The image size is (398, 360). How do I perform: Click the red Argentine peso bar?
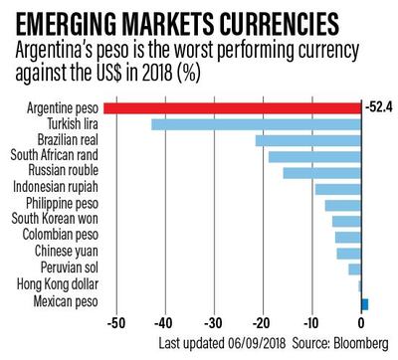pos(231,107)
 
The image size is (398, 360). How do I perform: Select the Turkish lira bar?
pos(256,124)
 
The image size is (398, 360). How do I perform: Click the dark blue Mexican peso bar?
pos(364,302)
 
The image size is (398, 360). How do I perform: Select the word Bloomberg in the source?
pos(359,343)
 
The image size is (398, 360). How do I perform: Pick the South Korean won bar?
pos(346,221)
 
